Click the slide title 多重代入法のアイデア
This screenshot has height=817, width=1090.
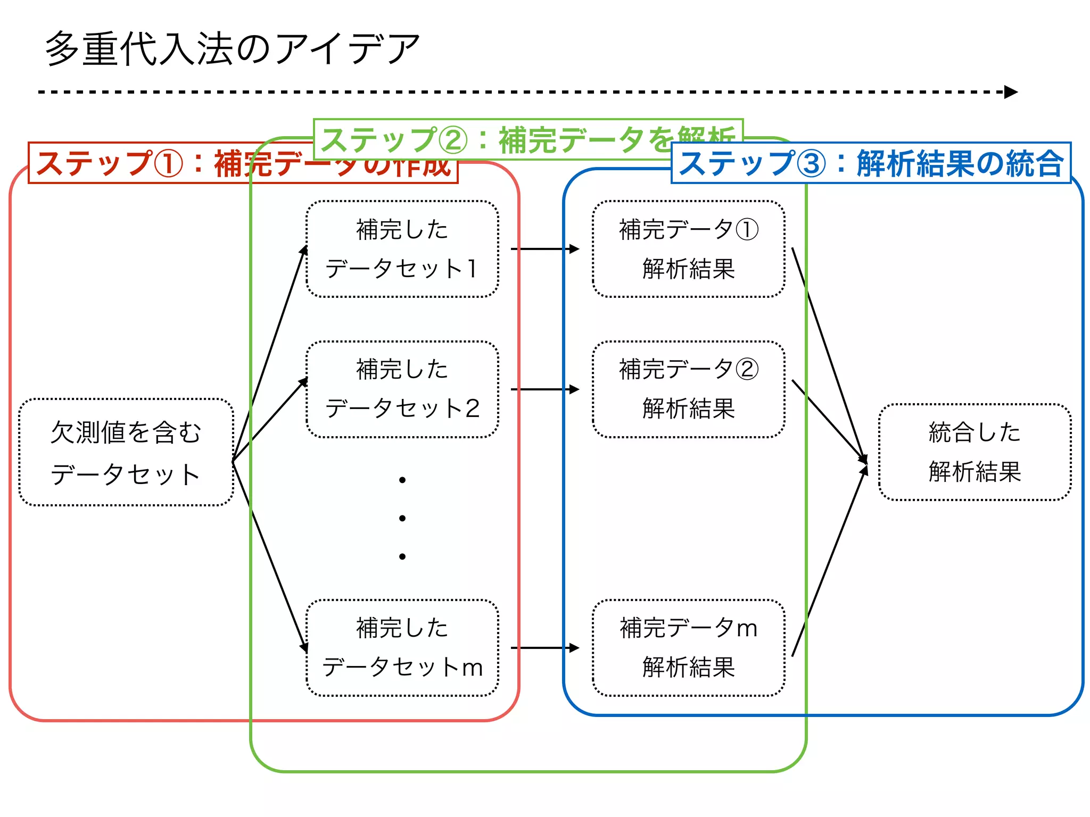[233, 49]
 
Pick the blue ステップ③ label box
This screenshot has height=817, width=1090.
[871, 163]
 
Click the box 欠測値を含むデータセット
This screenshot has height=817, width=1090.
[126, 452]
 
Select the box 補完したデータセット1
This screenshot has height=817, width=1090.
[402, 249]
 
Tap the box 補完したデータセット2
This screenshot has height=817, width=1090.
[402, 389]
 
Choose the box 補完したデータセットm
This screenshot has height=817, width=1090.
[402, 647]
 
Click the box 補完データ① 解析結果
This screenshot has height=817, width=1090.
[688, 249]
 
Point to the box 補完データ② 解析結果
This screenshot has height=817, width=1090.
[688, 389]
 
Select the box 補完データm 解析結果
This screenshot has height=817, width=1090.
[688, 647]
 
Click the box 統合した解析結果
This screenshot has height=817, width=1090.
[975, 452]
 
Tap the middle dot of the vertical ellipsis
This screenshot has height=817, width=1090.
[402, 518]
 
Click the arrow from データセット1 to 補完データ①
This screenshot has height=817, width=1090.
[544, 249]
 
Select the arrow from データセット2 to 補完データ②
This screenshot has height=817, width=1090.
[544, 389]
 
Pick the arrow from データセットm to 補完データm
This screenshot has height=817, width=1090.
[544, 648]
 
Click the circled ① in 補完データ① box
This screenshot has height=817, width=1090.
[747, 230]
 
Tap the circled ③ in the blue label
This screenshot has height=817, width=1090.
[811, 164]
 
